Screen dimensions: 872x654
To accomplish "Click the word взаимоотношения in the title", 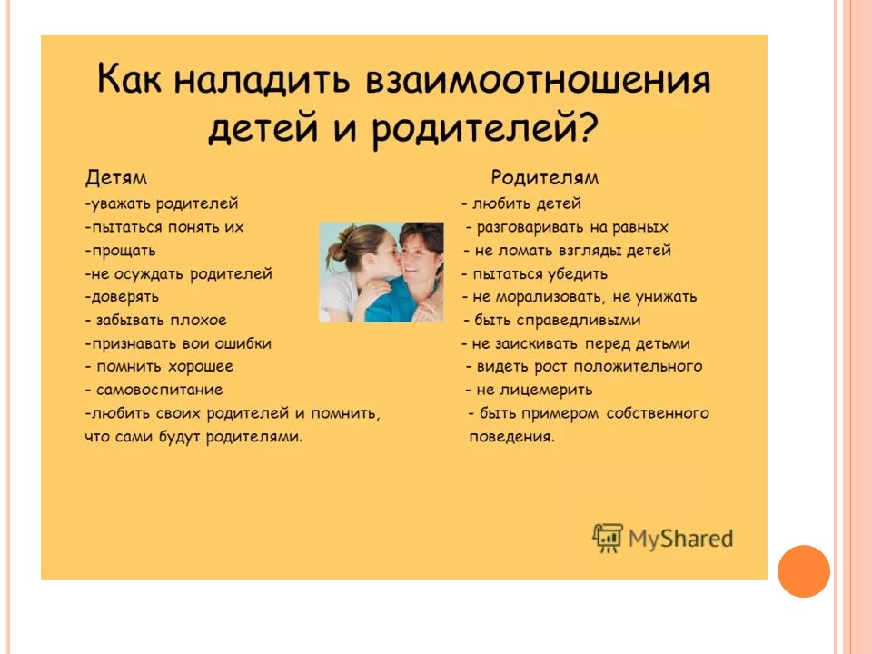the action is [x=538, y=81].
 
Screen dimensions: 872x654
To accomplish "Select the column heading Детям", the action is [x=116, y=177].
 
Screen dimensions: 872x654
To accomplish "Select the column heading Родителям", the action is [x=545, y=178].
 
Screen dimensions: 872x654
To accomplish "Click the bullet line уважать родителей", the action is [x=162, y=204].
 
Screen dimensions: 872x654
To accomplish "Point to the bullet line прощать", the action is [x=120, y=251].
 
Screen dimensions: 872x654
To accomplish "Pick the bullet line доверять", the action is [x=122, y=297].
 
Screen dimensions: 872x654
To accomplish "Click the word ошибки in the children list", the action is [x=243, y=343].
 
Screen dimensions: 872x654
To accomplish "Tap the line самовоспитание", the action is [x=154, y=390].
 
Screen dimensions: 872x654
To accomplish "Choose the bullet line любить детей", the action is [x=521, y=203].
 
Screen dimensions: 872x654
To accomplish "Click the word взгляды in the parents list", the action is [x=588, y=251].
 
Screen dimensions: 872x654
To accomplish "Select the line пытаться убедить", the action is [x=534, y=274].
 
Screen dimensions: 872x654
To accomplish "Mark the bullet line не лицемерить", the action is [x=529, y=390].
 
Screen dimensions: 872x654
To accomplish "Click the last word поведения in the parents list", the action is [x=511, y=437].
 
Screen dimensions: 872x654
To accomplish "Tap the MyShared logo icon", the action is [x=608, y=538].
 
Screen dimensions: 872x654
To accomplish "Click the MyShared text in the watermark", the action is [x=680, y=539].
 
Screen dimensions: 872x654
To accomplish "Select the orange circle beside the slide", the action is [x=804, y=571].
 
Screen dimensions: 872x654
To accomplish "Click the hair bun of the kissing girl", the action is [x=338, y=250].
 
